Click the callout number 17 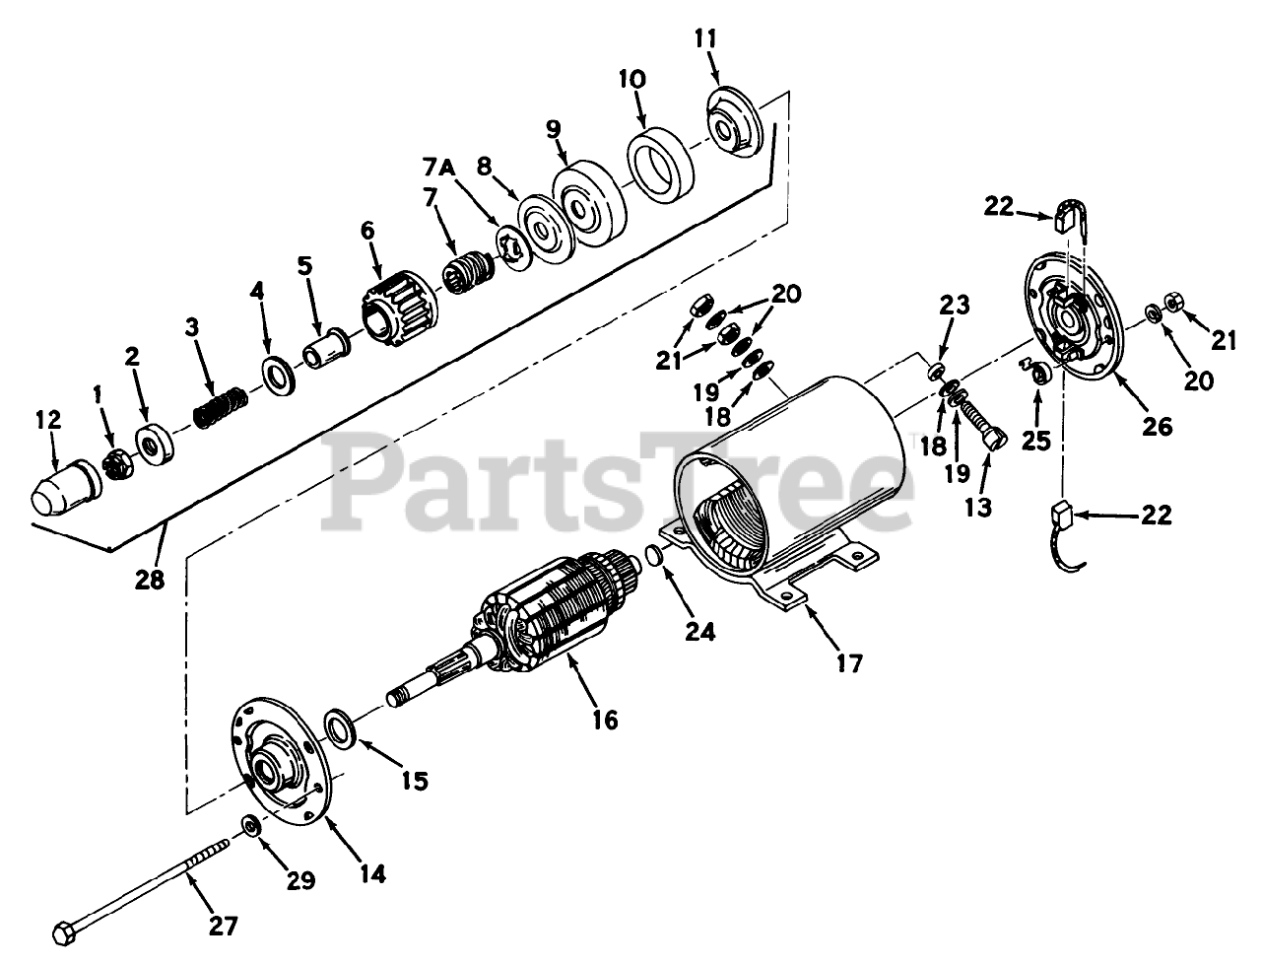pyautogui.click(x=848, y=663)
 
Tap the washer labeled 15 pyautogui.click(x=342, y=727)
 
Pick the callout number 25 pyautogui.click(x=1035, y=440)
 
